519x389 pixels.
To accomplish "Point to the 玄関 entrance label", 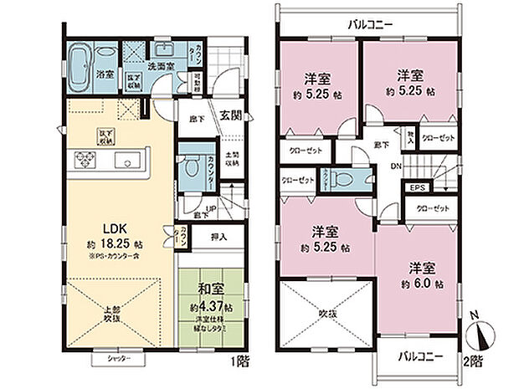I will coord(232,115).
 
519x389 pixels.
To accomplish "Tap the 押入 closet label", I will coord(216,238).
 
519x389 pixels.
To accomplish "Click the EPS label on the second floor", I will coord(417,188).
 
